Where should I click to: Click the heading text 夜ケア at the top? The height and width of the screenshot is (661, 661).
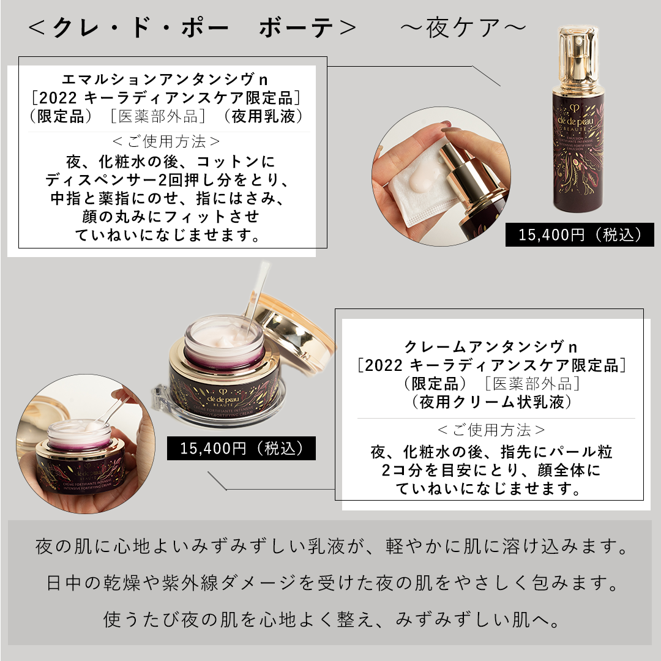coord(464,28)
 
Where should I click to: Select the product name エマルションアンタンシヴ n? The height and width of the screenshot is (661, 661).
coord(165,79)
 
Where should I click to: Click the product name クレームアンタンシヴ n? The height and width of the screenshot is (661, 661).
coord(490,347)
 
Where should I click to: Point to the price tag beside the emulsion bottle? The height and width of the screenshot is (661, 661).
coord(580,235)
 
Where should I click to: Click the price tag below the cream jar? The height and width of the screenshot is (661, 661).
coord(241,448)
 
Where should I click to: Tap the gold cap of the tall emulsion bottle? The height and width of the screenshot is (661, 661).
coord(578,59)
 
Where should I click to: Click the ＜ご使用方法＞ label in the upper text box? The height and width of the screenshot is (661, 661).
coord(166,141)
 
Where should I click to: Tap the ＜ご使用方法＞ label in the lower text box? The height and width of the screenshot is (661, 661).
coord(491,430)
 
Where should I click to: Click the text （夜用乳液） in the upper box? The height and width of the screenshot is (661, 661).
coord(267,116)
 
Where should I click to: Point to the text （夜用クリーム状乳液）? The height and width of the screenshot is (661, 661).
coord(491,401)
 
